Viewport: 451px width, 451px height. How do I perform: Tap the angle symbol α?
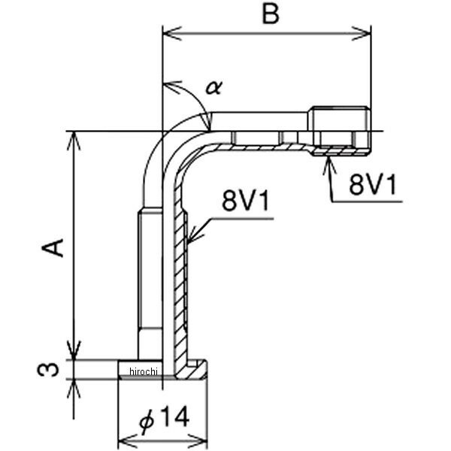pyautogui.click(x=213, y=87)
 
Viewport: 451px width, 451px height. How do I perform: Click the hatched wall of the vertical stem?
pyautogui.click(x=180, y=278)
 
